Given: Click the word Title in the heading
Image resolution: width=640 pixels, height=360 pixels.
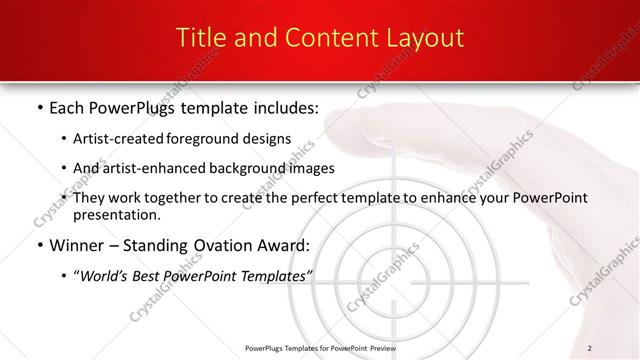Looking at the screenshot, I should pyautogui.click(x=200, y=38).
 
